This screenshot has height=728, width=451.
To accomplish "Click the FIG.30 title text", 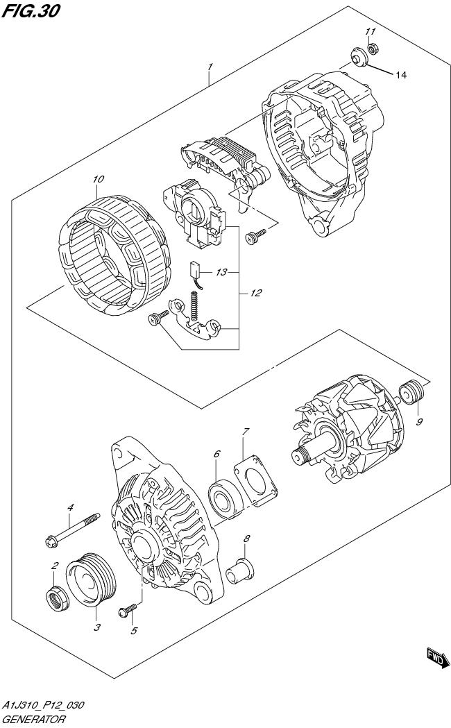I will [x=31, y=11].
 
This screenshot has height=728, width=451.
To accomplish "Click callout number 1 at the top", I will [x=210, y=67].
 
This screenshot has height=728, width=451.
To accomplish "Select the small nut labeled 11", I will [x=371, y=49].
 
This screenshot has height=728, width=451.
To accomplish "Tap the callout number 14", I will [x=400, y=75].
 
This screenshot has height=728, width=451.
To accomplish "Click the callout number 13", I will [x=221, y=273].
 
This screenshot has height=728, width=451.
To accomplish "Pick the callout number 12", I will [x=255, y=294].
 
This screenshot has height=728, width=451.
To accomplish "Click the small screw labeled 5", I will [x=128, y=609].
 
